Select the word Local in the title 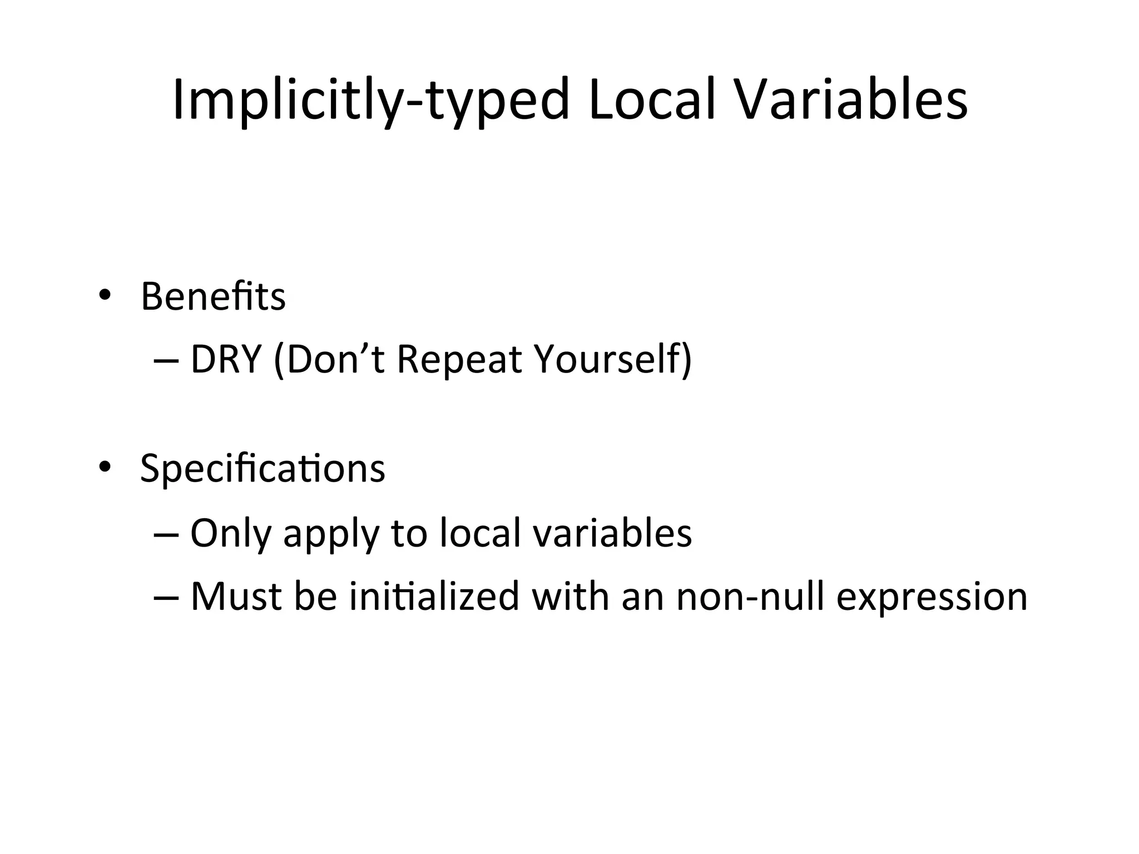pos(651,101)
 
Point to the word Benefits pos(213,296)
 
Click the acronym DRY pos(226,360)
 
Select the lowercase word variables pos(612,533)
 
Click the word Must pos(236,596)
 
